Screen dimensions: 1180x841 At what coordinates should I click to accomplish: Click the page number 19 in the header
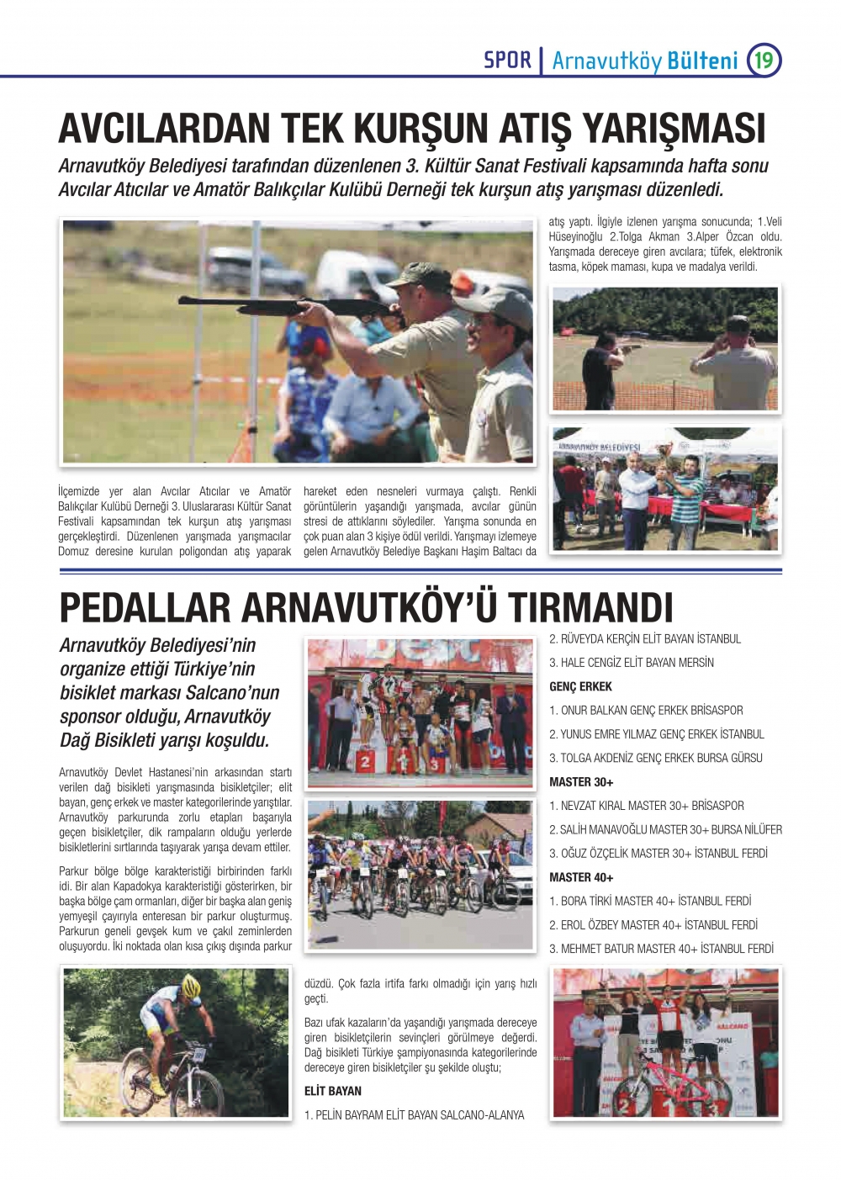(x=764, y=61)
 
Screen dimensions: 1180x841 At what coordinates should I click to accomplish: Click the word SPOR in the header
(x=507, y=61)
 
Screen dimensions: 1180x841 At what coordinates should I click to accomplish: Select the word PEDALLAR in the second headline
(x=144, y=607)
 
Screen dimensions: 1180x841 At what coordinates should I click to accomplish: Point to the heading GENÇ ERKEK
(x=580, y=686)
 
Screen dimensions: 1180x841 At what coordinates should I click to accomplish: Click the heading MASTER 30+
(x=581, y=781)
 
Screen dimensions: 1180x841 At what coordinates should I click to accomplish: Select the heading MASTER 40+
(x=581, y=877)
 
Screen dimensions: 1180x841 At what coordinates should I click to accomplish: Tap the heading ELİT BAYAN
(x=333, y=1091)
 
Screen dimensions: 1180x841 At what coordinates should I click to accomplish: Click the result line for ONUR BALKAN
(x=646, y=710)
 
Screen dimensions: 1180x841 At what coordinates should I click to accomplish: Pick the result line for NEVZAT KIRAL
(x=646, y=805)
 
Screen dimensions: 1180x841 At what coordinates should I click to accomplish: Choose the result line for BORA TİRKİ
(x=650, y=901)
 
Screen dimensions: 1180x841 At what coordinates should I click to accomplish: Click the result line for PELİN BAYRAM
(x=414, y=1115)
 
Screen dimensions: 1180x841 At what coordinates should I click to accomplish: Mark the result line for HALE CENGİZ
(x=632, y=663)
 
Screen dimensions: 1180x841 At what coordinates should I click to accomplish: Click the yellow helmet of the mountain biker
(x=191, y=986)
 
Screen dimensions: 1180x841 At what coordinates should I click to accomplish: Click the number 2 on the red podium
(x=365, y=762)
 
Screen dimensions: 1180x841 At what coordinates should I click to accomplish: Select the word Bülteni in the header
(x=702, y=61)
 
